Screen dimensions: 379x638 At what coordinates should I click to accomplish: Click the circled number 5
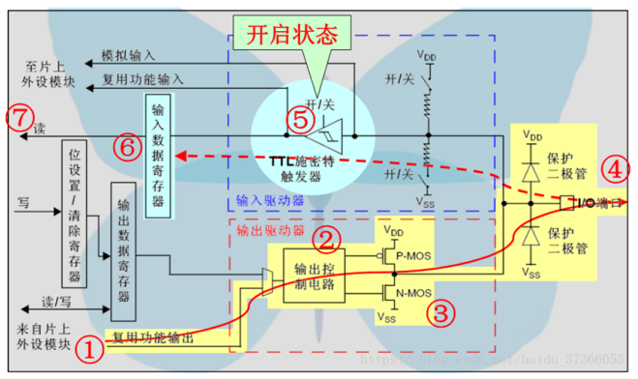[301, 119]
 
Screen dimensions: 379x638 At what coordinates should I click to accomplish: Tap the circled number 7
[17, 118]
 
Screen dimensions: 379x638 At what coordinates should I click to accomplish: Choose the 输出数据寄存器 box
[122, 249]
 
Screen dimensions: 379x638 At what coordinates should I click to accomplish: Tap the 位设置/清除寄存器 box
[75, 214]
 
